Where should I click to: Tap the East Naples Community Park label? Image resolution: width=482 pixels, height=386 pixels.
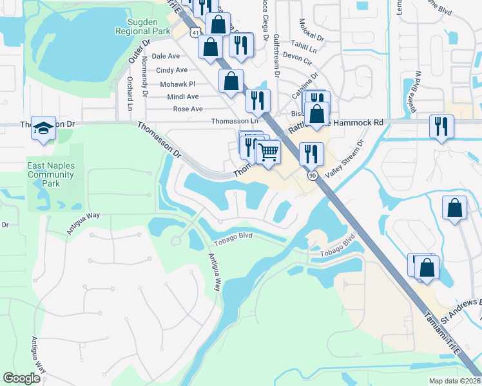click(51, 174)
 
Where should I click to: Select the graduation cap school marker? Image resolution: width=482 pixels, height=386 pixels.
click(44, 128)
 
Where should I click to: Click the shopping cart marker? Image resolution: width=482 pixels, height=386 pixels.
click(268, 152)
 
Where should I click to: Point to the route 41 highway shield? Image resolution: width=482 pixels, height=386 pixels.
click(195, 30)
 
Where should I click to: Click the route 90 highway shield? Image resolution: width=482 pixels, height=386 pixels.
click(313, 176)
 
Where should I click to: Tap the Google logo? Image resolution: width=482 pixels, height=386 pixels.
click(22, 378)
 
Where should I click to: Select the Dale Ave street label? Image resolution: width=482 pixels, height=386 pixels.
click(166, 57)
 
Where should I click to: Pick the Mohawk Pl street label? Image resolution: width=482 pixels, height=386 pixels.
click(173, 84)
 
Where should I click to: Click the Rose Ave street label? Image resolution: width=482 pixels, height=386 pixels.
click(188, 109)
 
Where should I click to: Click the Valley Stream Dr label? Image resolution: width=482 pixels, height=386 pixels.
click(345, 160)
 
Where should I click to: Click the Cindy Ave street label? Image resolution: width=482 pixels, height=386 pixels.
click(172, 70)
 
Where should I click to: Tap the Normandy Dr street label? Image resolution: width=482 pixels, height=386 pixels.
click(145, 77)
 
